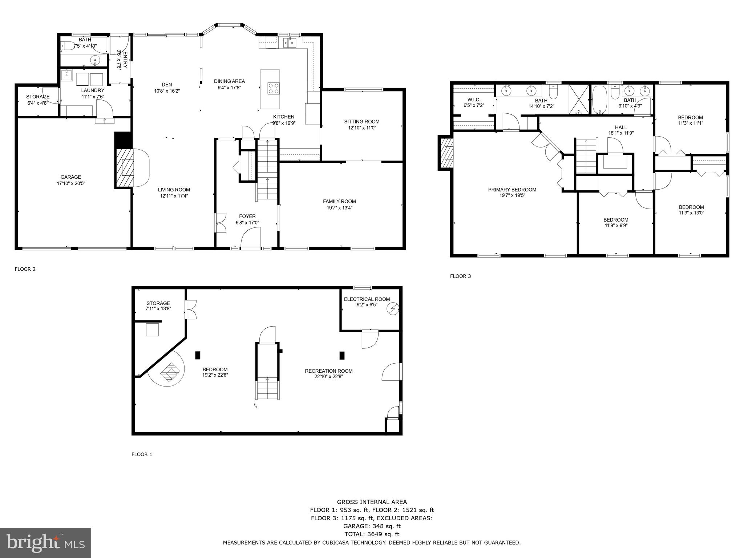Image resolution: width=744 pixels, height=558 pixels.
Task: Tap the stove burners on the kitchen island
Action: [x=274, y=88]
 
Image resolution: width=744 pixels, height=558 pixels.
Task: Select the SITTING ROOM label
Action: [x=362, y=122]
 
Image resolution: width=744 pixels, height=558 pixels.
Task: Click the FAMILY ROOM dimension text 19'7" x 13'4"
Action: [x=339, y=208]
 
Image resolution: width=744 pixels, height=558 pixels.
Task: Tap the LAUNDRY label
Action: [x=93, y=90]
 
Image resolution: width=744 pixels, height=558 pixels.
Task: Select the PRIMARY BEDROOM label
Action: [x=512, y=190]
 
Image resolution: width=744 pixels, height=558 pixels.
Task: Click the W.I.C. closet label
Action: [x=474, y=100]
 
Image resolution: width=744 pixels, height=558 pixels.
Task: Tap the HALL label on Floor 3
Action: [x=621, y=127]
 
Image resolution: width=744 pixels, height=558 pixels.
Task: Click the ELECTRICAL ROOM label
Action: [x=367, y=299]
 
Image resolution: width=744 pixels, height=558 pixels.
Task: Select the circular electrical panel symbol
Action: [x=393, y=309]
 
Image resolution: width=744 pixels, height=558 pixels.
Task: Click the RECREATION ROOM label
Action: [x=328, y=371]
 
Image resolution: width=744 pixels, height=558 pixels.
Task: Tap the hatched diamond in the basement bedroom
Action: [x=170, y=372]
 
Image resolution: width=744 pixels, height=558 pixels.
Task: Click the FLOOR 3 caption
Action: [x=460, y=276]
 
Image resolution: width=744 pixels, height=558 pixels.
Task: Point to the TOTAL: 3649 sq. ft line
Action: [x=372, y=534]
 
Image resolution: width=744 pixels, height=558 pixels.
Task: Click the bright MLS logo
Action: [x=45, y=543]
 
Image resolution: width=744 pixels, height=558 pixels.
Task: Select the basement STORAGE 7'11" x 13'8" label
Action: [x=158, y=303]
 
